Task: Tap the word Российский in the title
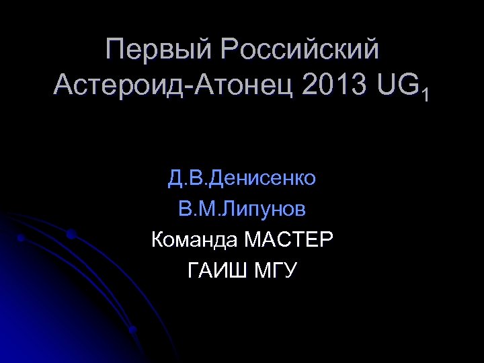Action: [x=299, y=50]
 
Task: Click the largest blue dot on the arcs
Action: [x=71, y=234]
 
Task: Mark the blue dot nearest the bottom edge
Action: [x=132, y=330]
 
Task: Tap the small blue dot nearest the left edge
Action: [x=21, y=238]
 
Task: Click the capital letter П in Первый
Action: [x=115, y=50]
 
